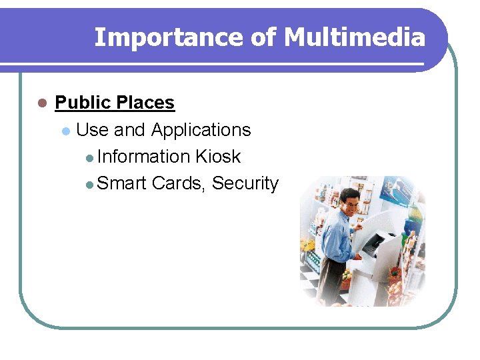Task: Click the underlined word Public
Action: [x=83, y=103]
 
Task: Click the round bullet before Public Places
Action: [x=41, y=104]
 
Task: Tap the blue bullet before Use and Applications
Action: [x=65, y=131]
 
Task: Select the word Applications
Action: [x=201, y=130]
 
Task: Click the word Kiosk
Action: [x=218, y=157]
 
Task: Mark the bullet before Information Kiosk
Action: [x=90, y=159]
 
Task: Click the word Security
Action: [x=245, y=184]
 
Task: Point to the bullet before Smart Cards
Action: [x=90, y=185]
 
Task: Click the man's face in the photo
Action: [x=349, y=202]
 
